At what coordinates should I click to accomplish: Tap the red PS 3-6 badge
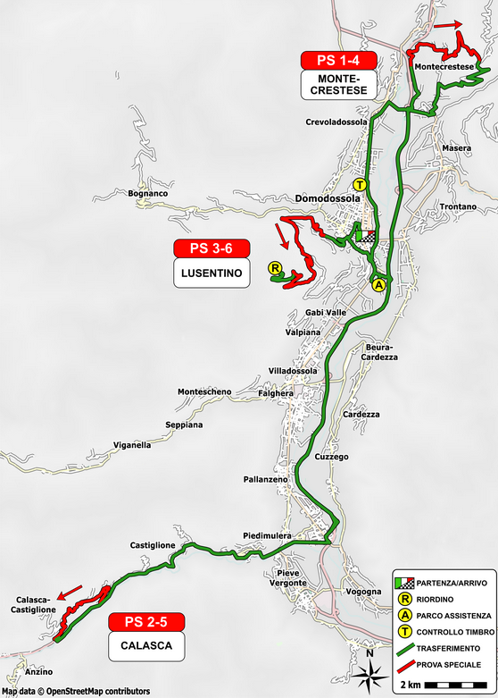[x=211, y=248]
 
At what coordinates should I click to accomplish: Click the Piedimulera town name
[x=265, y=536]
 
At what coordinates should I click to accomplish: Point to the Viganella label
[x=132, y=444]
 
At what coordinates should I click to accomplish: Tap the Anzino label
[x=40, y=671]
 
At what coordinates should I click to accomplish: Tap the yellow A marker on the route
[x=378, y=285]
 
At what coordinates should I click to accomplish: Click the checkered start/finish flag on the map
[x=369, y=237]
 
